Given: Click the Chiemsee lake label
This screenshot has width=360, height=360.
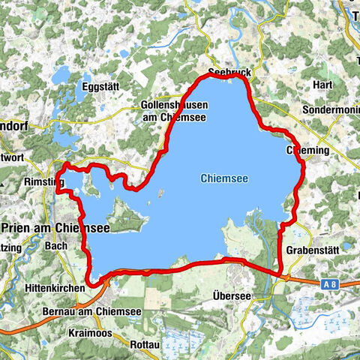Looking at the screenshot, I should tap(223, 178).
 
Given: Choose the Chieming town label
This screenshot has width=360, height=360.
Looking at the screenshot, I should tap(307, 151).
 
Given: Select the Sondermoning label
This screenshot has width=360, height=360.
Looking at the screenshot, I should tap(330, 108).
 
